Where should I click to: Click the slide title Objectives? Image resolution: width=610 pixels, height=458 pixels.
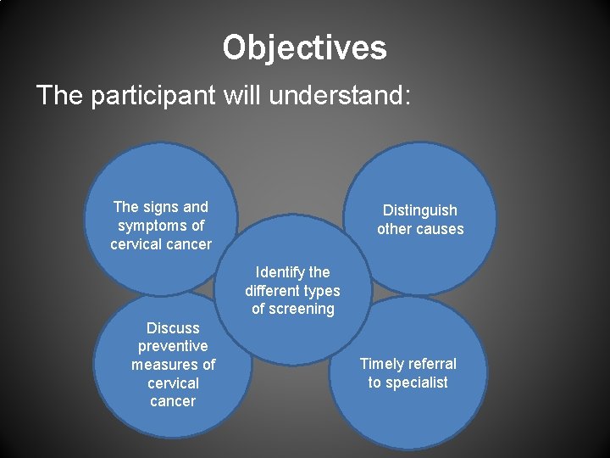(x=304, y=47)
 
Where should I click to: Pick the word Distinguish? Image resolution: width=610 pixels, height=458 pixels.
(x=419, y=210)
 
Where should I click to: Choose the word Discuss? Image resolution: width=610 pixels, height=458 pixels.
(x=173, y=327)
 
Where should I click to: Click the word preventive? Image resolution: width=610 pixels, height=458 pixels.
(x=173, y=346)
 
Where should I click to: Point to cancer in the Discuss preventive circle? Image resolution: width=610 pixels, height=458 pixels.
(x=173, y=401)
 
